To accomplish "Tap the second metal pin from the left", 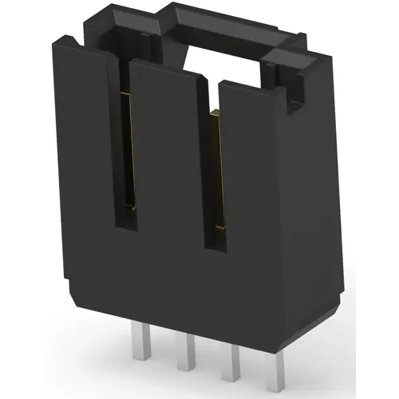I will pos(192,355).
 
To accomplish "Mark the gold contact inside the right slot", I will pos(213,160).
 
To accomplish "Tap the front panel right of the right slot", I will pos(255,199).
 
